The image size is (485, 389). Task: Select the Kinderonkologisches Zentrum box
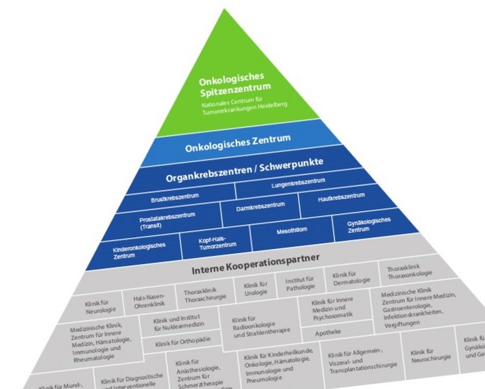(x=140, y=251)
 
